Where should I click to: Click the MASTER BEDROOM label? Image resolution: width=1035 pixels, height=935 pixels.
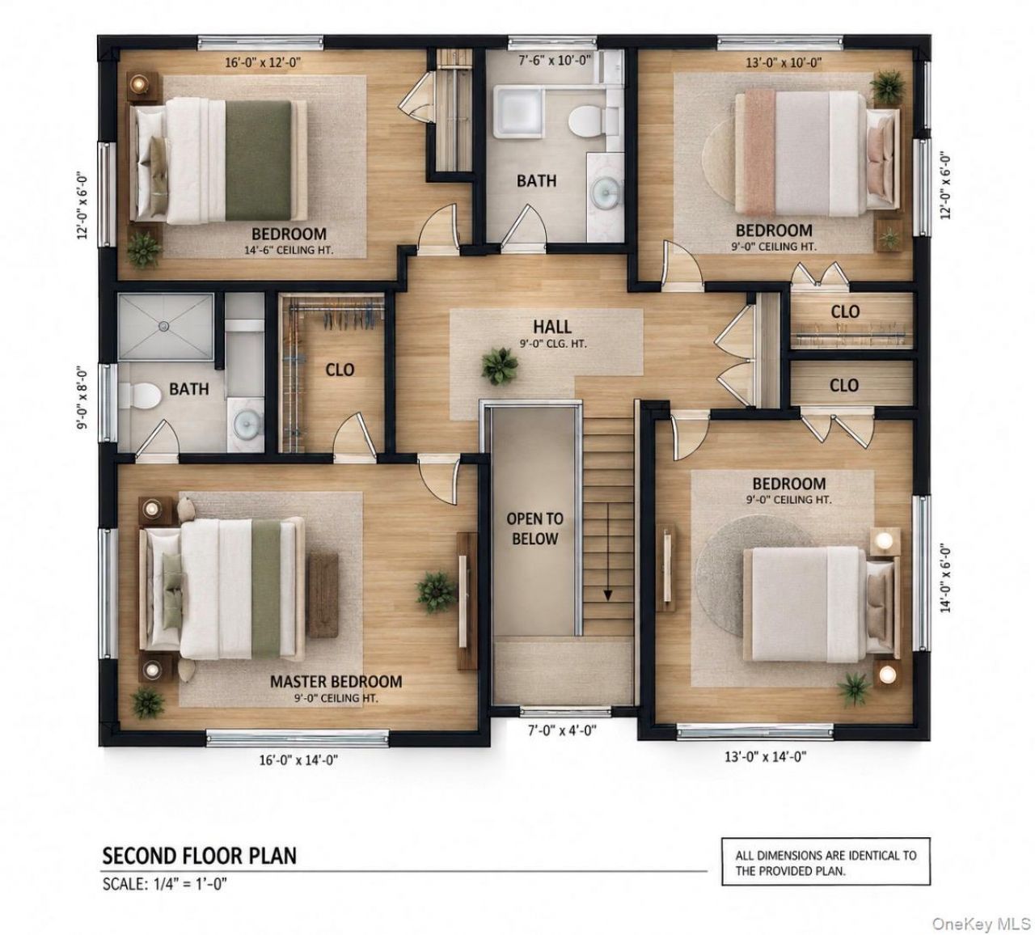click(336, 682)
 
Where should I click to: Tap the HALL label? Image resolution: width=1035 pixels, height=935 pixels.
click(552, 327)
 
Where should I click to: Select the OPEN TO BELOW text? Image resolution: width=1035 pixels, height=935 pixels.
click(535, 529)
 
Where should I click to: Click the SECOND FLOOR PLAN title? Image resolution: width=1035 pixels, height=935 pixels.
click(200, 856)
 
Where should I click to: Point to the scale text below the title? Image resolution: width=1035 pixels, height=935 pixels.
click(165, 884)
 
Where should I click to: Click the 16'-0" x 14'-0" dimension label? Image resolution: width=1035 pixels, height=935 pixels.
click(298, 760)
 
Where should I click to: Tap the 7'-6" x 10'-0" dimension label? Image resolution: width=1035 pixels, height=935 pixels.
click(555, 61)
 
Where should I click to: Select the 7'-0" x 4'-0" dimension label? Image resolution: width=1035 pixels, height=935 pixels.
click(562, 730)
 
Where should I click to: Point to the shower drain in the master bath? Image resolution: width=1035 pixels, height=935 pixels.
click(164, 326)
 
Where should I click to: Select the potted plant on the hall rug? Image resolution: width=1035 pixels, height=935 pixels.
click(500, 366)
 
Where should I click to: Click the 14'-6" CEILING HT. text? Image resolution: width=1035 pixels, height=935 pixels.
click(289, 251)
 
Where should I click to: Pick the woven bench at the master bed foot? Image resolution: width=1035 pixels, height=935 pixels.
click(323, 595)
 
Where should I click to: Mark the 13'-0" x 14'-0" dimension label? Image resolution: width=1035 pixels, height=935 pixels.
click(766, 757)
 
